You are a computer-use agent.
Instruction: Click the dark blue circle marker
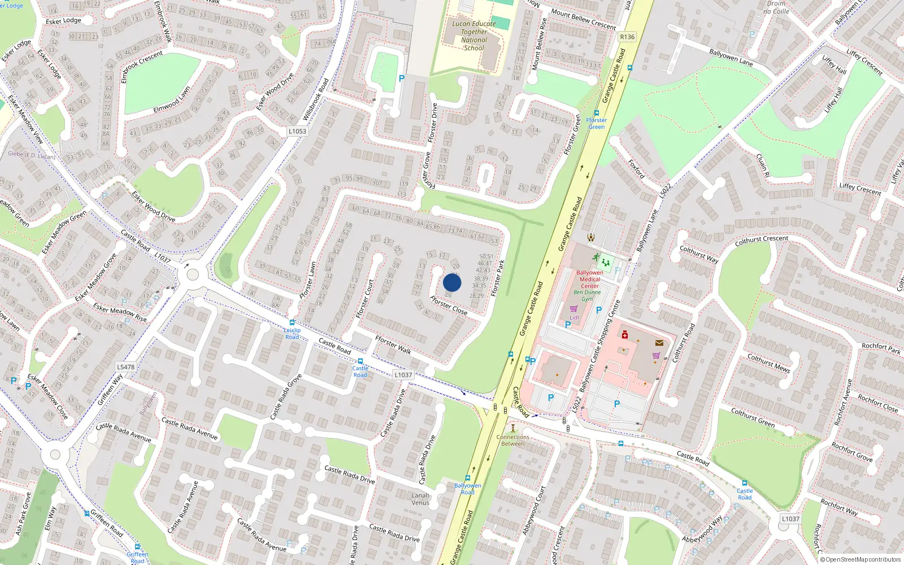(x=452, y=282)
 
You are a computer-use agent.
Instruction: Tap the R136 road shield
(x=627, y=37)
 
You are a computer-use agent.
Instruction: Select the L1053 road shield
(x=297, y=131)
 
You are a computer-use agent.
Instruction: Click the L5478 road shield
(x=126, y=367)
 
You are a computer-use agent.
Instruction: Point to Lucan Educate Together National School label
(x=474, y=36)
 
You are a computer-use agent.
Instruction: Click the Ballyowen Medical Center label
(x=589, y=279)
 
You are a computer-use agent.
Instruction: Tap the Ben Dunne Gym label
(x=587, y=295)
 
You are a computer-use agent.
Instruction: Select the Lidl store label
(x=574, y=318)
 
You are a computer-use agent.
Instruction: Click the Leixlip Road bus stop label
(x=292, y=333)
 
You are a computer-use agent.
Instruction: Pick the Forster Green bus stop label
(x=596, y=123)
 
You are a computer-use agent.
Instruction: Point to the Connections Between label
(x=513, y=440)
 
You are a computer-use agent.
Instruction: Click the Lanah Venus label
(x=420, y=499)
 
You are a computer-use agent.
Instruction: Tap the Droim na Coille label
(x=776, y=7)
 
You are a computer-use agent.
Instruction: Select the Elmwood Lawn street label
(x=172, y=100)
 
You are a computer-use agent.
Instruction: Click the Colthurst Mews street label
(x=768, y=363)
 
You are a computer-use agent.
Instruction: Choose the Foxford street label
(x=636, y=169)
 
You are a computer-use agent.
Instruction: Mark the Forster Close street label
(x=449, y=305)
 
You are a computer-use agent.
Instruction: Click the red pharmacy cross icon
(x=624, y=335)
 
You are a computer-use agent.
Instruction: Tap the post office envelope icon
(x=659, y=342)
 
